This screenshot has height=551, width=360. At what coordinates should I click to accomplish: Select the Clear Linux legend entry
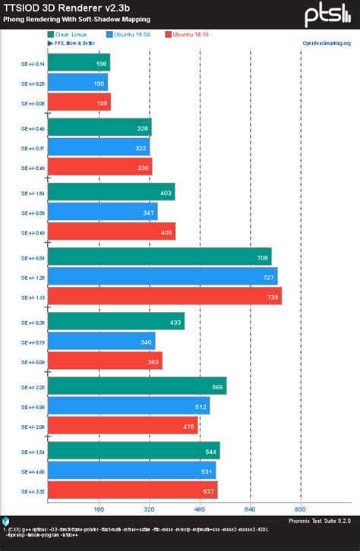71,34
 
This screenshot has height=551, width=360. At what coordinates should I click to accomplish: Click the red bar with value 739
164,295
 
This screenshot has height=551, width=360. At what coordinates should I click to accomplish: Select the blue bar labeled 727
162,276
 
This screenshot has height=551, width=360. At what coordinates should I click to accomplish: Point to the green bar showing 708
159,257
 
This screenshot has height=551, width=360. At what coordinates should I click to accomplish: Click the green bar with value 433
115,322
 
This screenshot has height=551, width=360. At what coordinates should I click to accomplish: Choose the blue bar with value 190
77,83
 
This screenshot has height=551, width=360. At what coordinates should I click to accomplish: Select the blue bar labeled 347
102,212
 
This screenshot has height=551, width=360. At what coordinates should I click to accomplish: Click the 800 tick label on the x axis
301,509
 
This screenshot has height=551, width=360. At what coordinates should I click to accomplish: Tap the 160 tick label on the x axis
99,509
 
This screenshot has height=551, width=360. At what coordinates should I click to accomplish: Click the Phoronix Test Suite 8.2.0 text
319,520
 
